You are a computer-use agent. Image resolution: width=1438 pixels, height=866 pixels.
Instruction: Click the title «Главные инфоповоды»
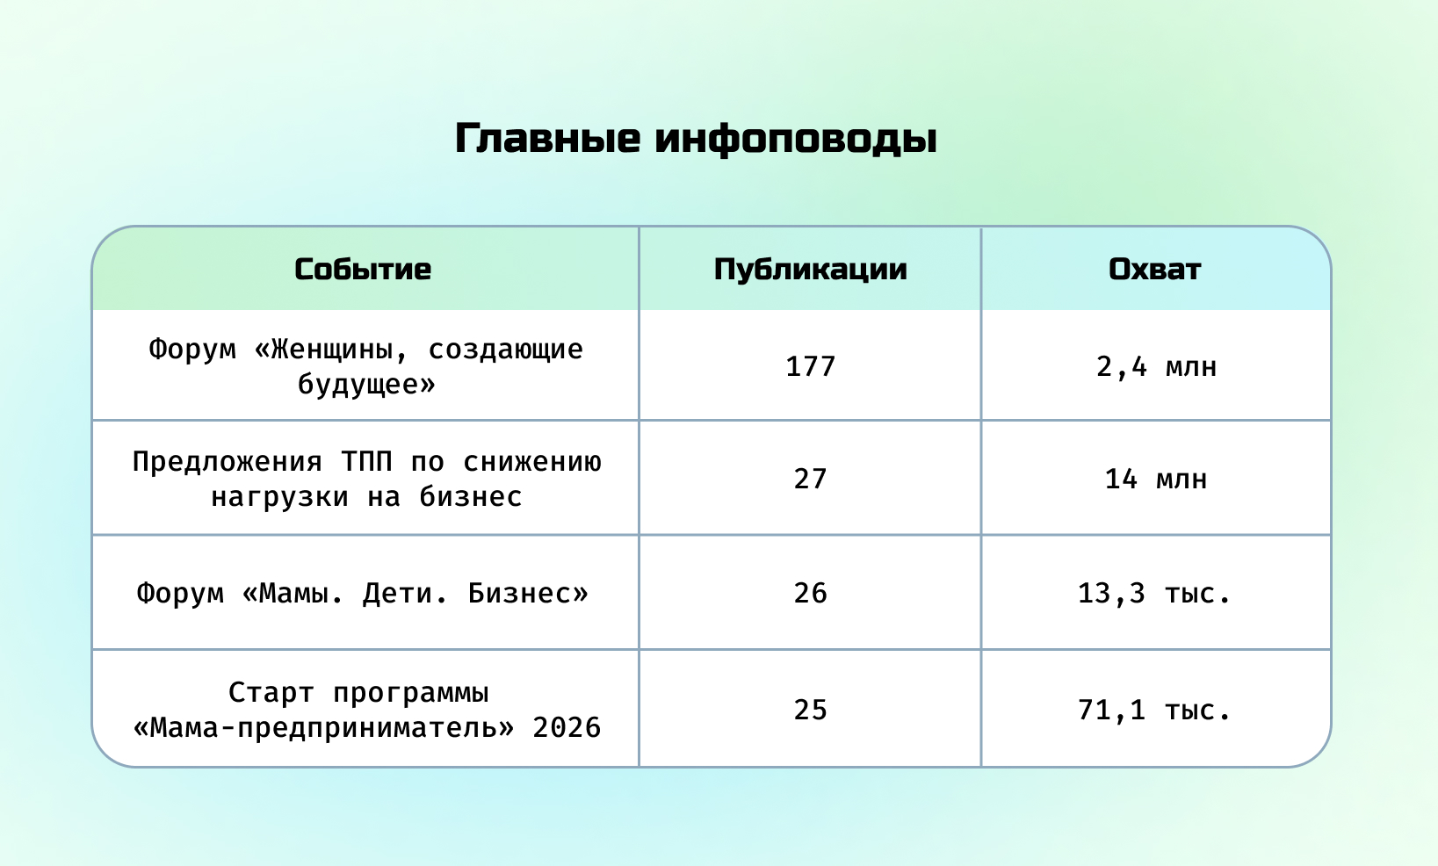pos(696,139)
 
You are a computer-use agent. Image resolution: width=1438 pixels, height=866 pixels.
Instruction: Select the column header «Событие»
pos(363,269)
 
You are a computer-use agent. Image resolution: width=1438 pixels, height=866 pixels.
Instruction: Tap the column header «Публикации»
pos(810,270)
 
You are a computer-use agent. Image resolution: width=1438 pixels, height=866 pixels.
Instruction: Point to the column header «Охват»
pos(1155,269)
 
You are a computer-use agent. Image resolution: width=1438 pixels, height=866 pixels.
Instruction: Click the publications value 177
pos(810,366)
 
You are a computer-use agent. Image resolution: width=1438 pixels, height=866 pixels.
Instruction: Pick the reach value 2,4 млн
pos(1156,367)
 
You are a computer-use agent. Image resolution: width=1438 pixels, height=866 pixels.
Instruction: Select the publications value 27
pos(810,479)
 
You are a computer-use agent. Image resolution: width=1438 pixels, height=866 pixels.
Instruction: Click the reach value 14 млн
pos(1155,479)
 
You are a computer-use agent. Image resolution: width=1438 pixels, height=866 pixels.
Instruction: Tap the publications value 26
pos(810,593)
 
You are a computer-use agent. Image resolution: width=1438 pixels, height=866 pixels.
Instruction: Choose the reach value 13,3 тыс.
pos(1154,594)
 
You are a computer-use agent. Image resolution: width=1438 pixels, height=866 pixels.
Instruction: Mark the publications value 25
pos(810,710)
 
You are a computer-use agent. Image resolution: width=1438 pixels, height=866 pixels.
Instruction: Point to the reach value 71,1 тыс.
pos(1154,711)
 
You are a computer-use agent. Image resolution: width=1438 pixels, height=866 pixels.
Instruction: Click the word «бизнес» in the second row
pos(471,497)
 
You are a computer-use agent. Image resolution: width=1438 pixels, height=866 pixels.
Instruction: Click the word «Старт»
pos(271,693)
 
